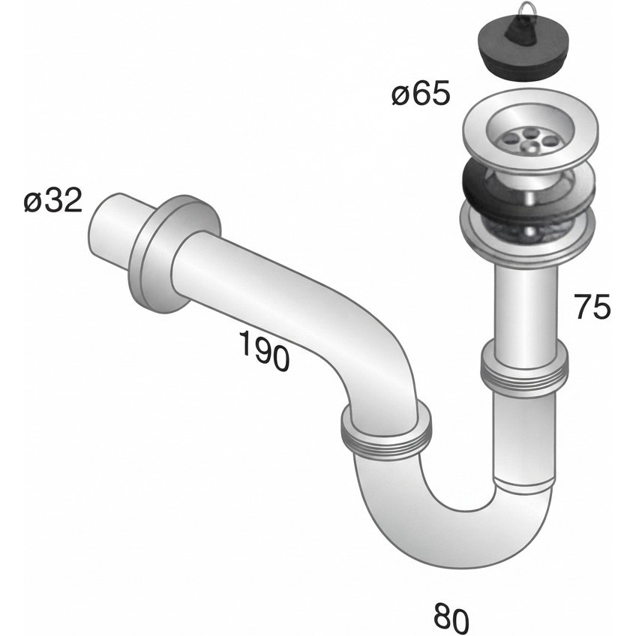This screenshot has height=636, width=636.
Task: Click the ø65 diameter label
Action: (x=421, y=94)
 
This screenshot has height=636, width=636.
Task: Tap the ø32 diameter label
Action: (x=53, y=200)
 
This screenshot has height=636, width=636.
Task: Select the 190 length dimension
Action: (x=265, y=349)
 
